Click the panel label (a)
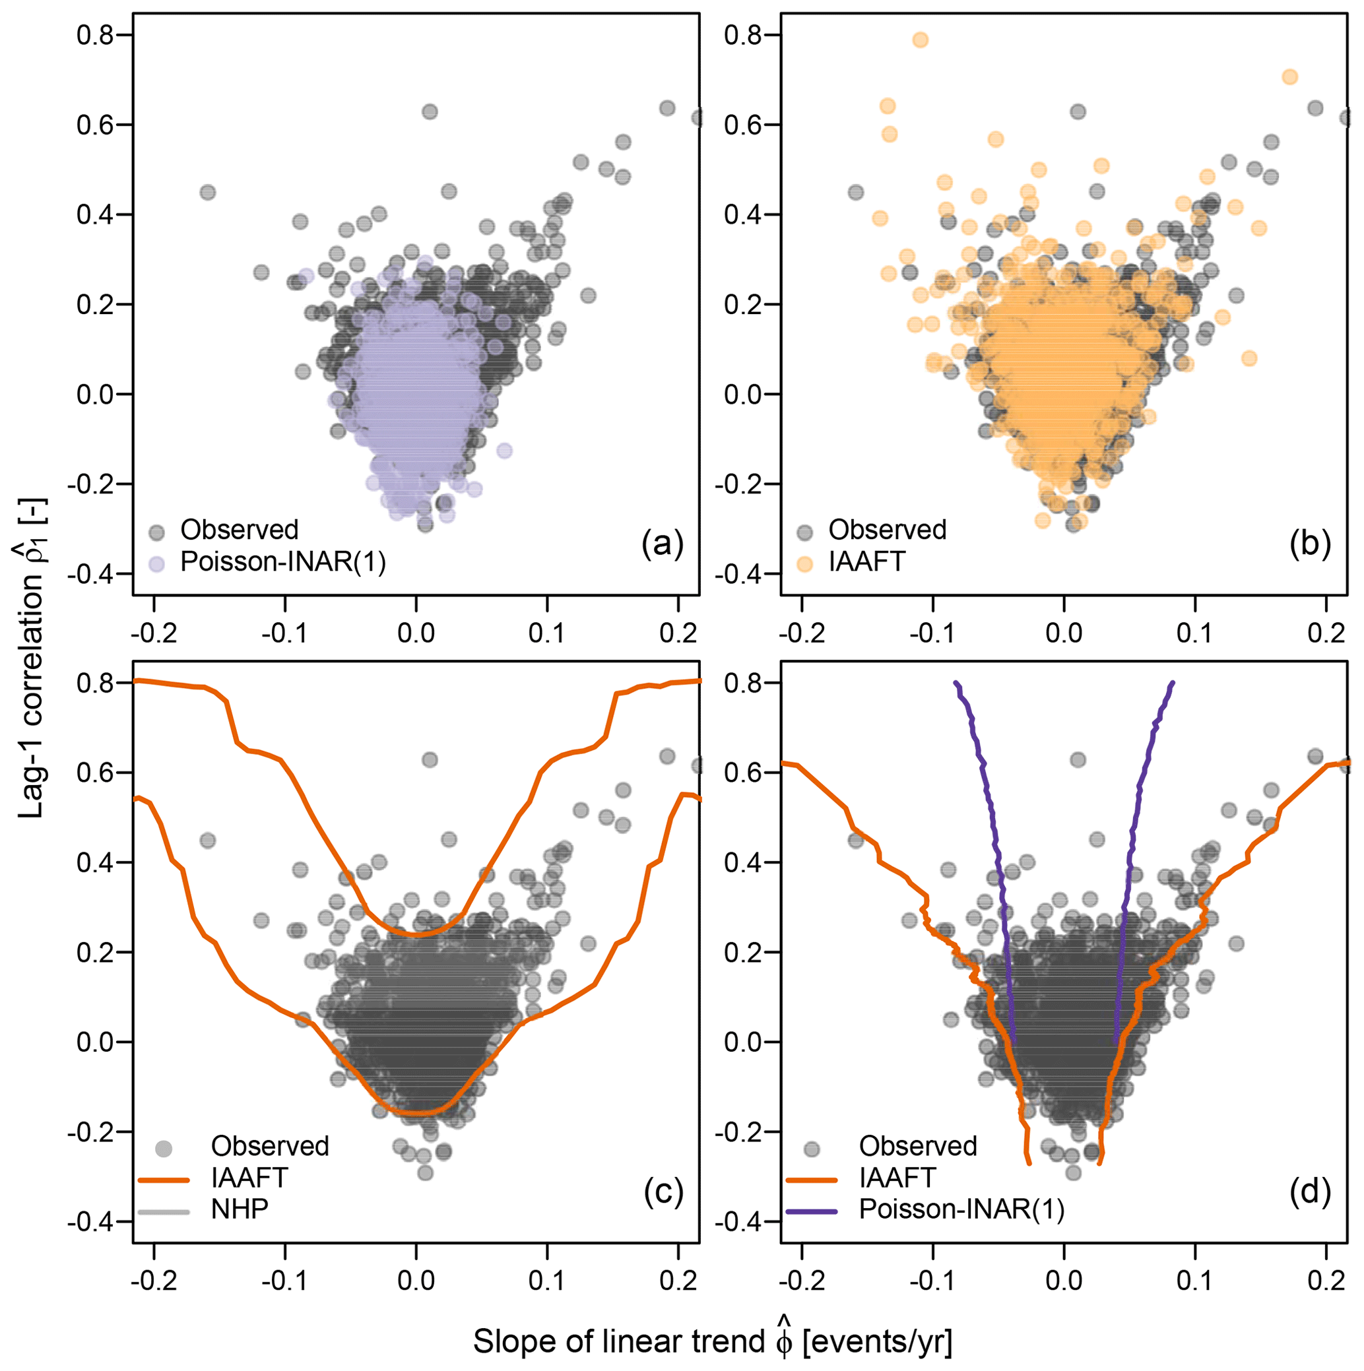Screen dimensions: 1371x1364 pyautogui.click(x=661, y=544)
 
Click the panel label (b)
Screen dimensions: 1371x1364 pyautogui.click(x=1309, y=544)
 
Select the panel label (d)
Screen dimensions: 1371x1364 pyautogui.click(x=1309, y=1192)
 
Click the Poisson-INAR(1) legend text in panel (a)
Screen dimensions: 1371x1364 pyautogui.click(x=283, y=562)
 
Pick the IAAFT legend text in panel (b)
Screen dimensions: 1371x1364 pyautogui.click(x=867, y=562)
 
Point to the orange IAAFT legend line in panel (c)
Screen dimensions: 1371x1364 pyautogui.click(x=164, y=1180)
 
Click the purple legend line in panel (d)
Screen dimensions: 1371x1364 pyautogui.click(x=812, y=1210)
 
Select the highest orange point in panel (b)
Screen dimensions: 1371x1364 pyautogui.click(x=920, y=40)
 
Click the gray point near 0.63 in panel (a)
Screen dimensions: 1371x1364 pyautogui.click(x=430, y=112)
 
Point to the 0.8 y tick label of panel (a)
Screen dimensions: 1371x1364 pyautogui.click(x=96, y=36)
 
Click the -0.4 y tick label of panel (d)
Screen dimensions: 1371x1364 pyautogui.click(x=743, y=1221)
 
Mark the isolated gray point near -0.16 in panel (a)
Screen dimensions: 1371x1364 pyautogui.click(x=207, y=192)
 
